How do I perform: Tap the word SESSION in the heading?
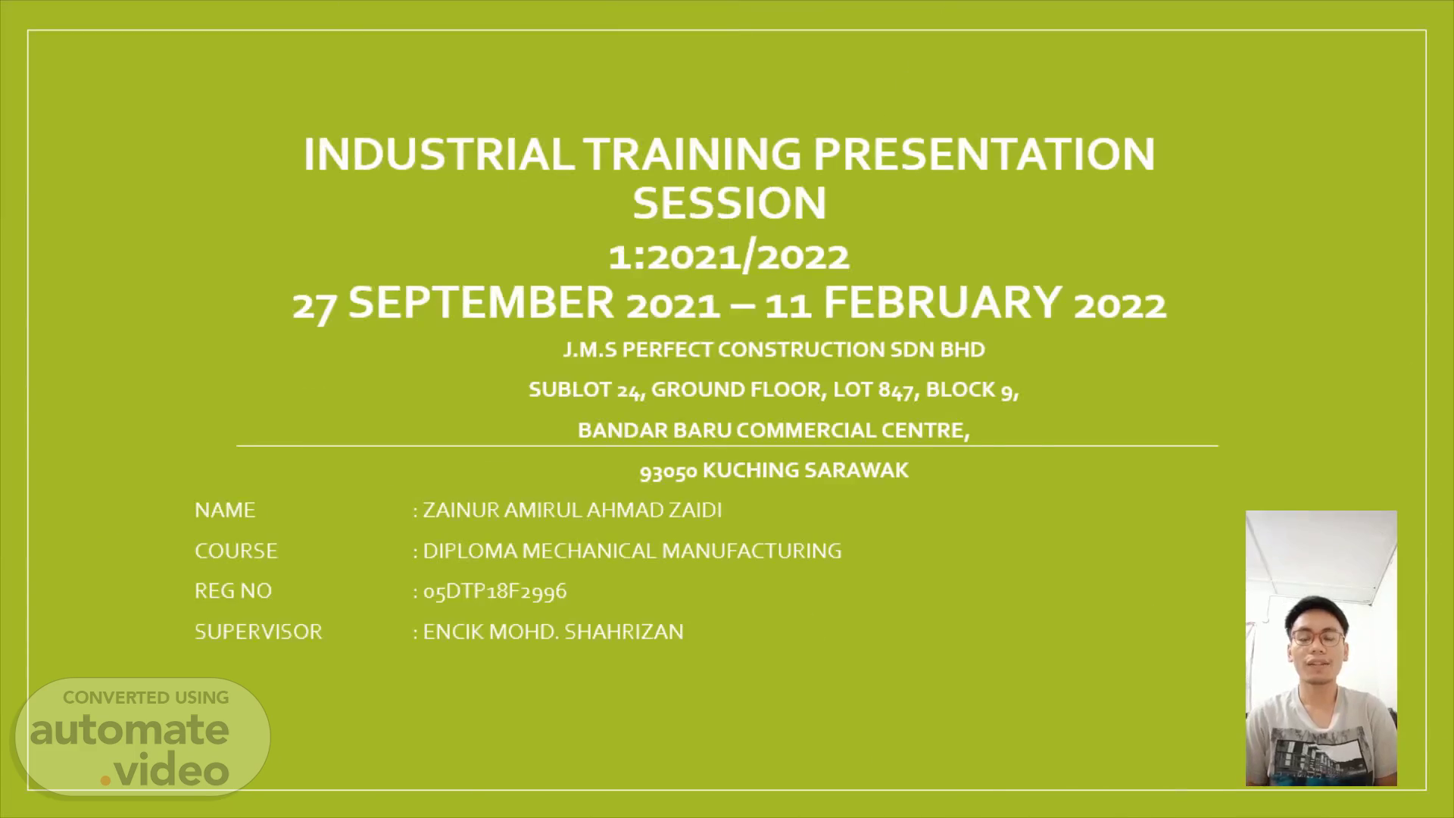729,203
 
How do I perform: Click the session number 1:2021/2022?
729,256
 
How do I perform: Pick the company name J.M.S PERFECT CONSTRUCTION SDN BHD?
774,349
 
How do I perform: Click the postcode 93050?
668,471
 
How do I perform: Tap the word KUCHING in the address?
750,470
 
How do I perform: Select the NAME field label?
225,510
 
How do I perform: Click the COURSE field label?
236,551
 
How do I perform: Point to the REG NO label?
233,591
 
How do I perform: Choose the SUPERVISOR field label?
258,632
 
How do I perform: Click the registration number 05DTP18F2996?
495,591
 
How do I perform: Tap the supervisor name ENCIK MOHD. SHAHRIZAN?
553,632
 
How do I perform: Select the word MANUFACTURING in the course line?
752,551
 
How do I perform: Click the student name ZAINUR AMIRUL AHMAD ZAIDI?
572,510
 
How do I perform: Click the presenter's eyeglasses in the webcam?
1318,637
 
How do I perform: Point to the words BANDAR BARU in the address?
654,430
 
